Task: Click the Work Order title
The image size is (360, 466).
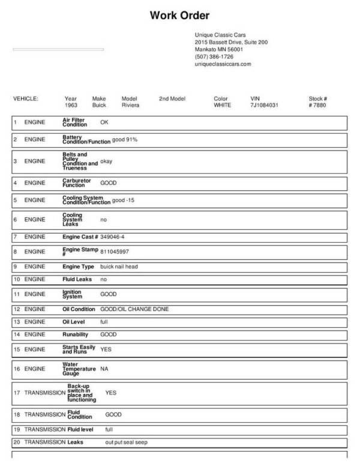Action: tap(179, 16)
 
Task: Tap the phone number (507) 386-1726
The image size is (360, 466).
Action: tap(214, 56)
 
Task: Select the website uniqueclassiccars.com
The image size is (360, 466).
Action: tap(223, 64)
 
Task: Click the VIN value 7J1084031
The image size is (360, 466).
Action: tap(264, 105)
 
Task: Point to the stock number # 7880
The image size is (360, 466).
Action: tap(317, 105)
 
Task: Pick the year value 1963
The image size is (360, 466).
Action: tap(71, 105)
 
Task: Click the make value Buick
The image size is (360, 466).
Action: tap(99, 105)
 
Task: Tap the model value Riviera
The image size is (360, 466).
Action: tap(130, 105)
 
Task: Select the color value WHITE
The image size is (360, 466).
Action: tap(222, 105)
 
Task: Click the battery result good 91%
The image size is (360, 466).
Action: tap(125, 140)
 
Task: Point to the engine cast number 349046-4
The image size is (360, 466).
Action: tap(112, 237)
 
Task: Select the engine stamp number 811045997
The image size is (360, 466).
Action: tap(115, 252)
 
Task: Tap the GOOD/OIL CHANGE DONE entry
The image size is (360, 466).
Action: tap(134, 309)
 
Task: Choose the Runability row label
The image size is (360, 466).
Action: tap(75, 334)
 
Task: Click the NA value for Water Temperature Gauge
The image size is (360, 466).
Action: tap(104, 368)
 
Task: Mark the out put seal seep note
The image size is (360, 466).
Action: tap(126, 443)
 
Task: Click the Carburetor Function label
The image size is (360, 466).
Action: tap(74, 183)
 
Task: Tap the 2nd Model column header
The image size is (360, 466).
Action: tap(172, 98)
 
